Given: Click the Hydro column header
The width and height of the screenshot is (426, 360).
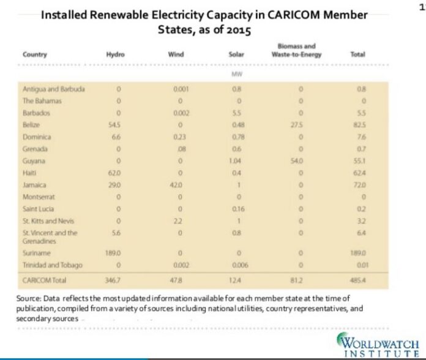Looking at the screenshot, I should click(115, 54).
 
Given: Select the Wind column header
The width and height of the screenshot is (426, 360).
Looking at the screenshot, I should click(176, 54).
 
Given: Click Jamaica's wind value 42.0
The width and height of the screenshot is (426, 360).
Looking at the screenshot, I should click(179, 184).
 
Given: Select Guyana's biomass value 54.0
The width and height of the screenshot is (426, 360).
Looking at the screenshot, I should click(300, 160).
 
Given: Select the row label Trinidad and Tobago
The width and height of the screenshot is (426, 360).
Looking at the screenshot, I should click(51, 264).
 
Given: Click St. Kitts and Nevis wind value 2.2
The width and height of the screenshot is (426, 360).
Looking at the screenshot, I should click(179, 220).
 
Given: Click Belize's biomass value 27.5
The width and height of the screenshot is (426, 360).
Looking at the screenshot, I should click(300, 124).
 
